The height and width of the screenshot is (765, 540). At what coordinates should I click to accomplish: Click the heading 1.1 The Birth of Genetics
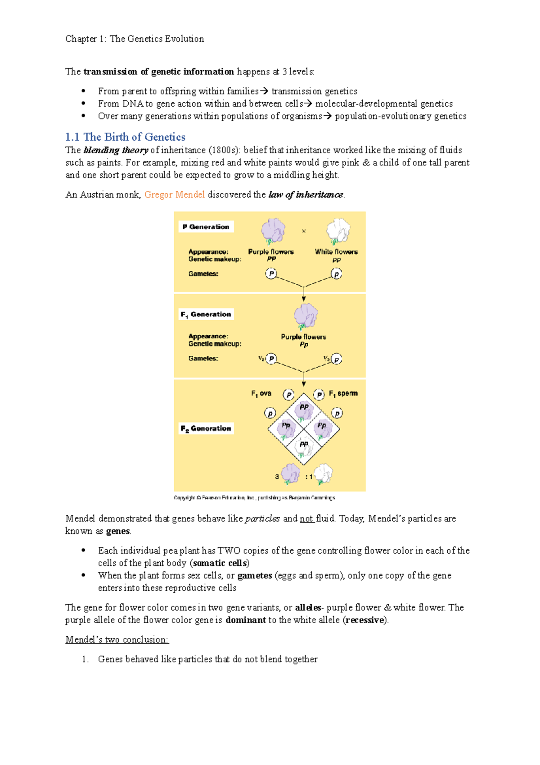click(125, 137)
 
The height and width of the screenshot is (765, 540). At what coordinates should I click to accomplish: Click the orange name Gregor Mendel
click(175, 195)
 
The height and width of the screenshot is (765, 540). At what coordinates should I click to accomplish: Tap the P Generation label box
click(206, 227)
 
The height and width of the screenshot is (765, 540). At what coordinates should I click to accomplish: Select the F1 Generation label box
click(206, 314)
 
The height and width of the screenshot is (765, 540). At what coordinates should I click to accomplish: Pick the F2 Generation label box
click(206, 428)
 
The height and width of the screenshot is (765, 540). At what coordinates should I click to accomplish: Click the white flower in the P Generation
click(338, 231)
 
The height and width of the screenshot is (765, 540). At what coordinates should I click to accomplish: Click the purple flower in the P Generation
click(273, 231)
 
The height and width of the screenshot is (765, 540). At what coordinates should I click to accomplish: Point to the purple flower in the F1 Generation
click(306, 316)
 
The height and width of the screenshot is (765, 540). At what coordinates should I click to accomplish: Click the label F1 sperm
click(343, 393)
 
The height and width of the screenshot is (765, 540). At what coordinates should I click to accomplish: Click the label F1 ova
click(261, 393)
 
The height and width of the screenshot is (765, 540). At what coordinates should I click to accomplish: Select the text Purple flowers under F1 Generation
click(303, 337)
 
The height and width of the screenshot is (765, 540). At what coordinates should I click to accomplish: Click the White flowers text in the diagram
click(336, 252)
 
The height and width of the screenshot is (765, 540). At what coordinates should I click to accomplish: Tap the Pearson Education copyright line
click(254, 498)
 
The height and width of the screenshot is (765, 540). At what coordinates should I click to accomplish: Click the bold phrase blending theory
click(116, 150)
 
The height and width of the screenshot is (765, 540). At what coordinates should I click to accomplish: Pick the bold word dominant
click(246, 620)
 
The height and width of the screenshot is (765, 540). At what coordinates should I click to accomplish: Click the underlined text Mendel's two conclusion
click(117, 640)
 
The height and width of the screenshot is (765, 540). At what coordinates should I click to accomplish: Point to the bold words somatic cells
click(220, 563)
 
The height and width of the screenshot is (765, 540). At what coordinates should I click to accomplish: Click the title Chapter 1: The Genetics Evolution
click(135, 39)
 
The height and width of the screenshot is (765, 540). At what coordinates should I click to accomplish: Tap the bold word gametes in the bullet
click(255, 576)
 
